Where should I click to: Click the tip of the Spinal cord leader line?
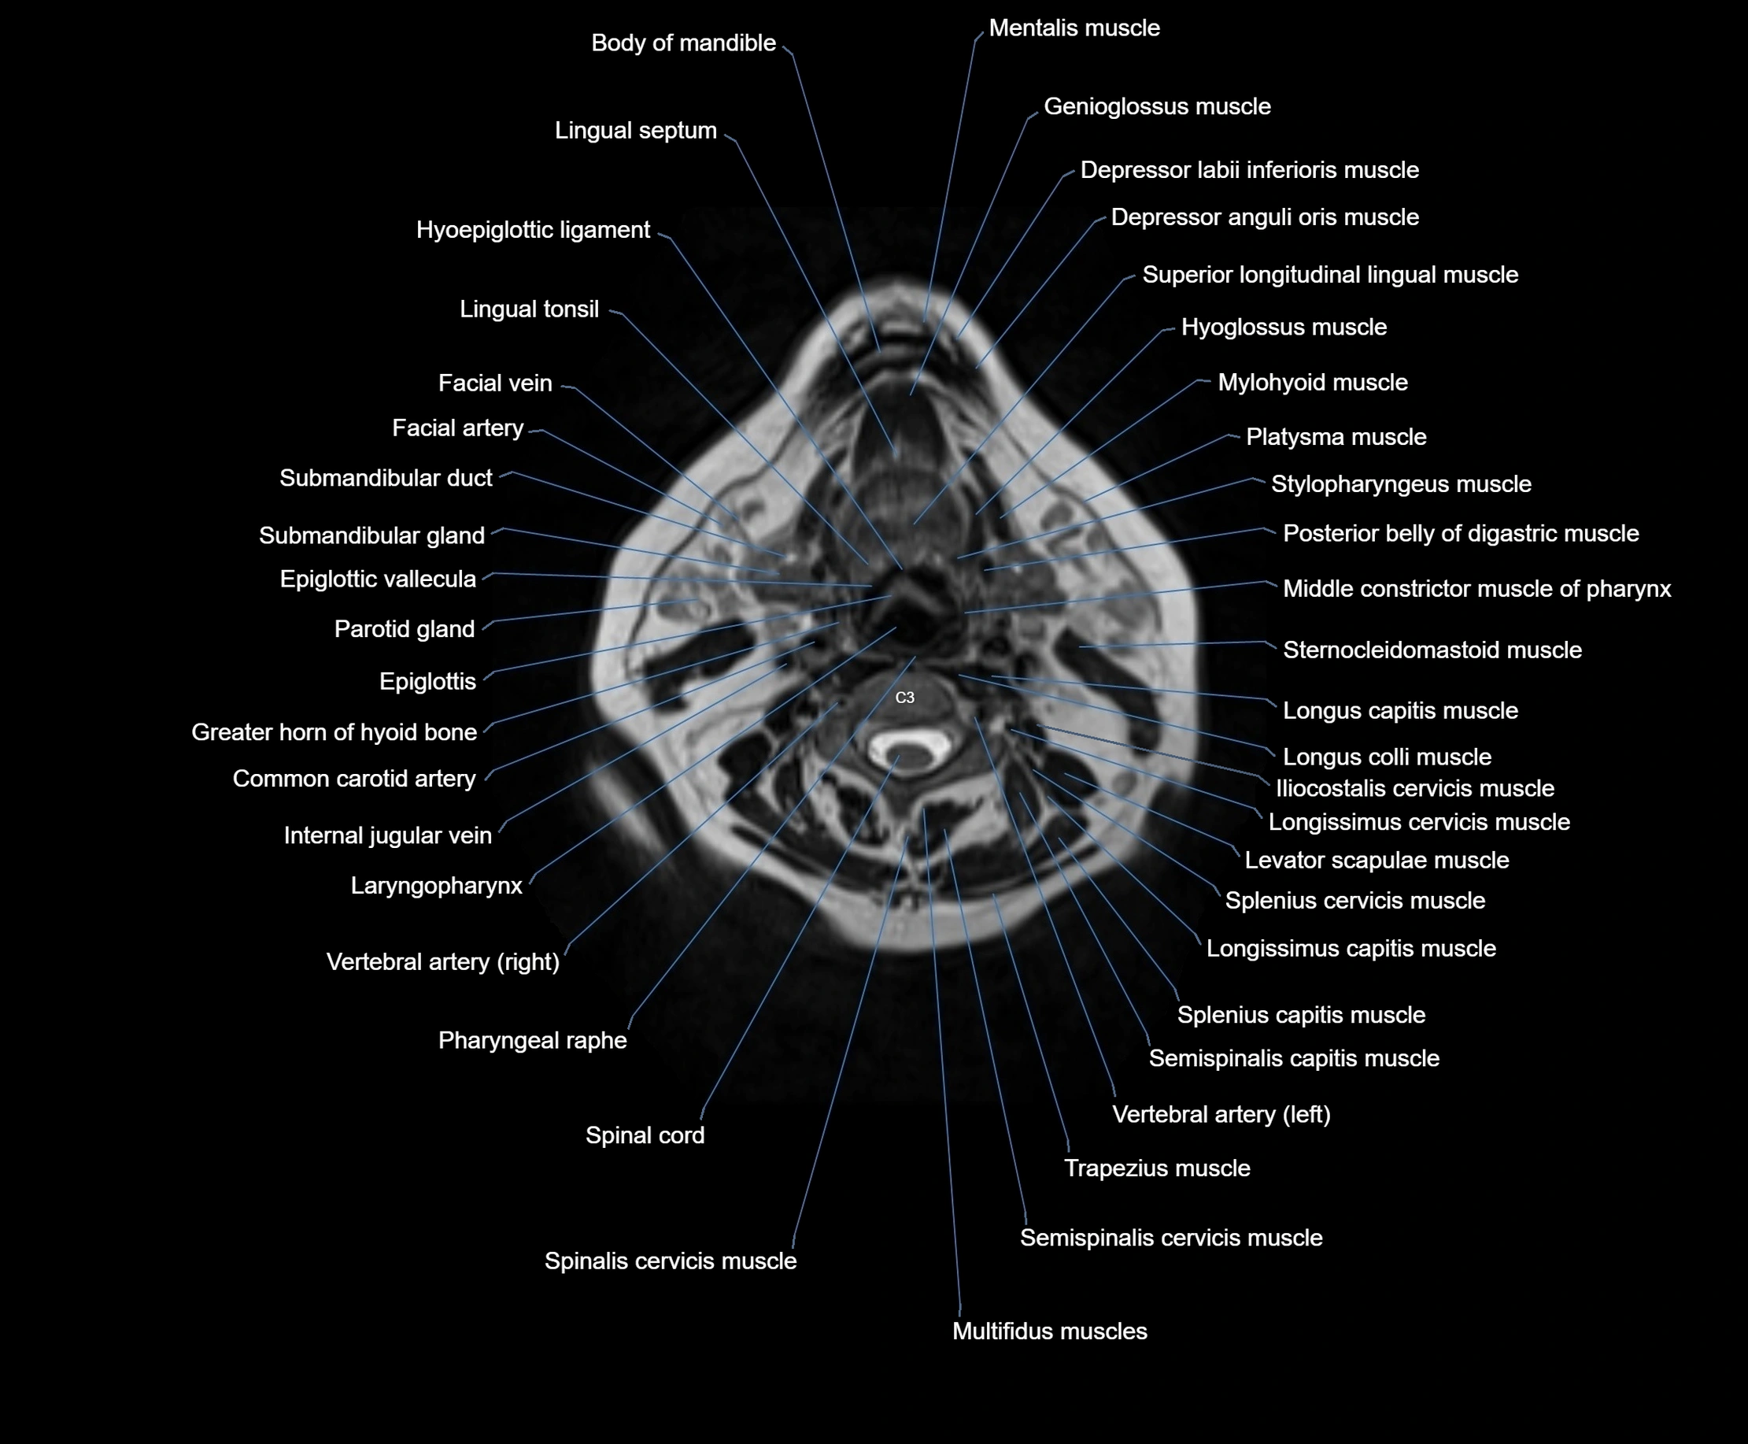click(900, 756)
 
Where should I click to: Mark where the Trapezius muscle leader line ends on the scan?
click(993, 894)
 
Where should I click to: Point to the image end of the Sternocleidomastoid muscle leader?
click(1079, 647)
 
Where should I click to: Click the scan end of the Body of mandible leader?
click(880, 353)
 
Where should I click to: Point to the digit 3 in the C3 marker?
click(910, 697)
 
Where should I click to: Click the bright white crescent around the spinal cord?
click(911, 746)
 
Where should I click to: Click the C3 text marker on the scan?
click(905, 697)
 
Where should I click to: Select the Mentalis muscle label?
click(1074, 28)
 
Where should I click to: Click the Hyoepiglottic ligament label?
click(533, 231)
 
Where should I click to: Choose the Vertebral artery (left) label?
click(1221, 1115)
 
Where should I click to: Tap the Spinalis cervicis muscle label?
click(671, 1261)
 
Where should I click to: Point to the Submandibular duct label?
click(386, 478)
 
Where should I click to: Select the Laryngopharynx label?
click(437, 886)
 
